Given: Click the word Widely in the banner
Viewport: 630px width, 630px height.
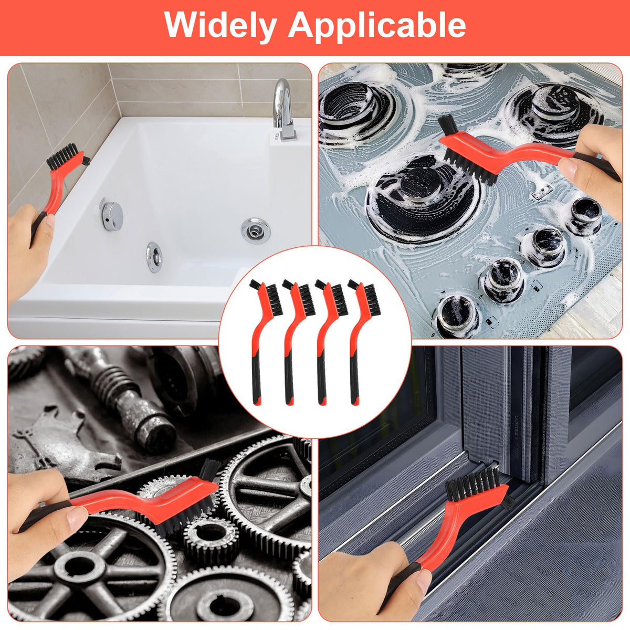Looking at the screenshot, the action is point(220,26).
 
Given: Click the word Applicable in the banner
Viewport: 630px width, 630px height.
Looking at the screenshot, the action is point(377,26).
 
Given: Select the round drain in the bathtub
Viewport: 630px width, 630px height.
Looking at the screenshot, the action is point(256,230).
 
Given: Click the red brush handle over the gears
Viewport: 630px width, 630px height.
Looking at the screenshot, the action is point(138,499).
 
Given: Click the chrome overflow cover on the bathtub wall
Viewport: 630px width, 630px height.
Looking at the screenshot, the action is point(112,215).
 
